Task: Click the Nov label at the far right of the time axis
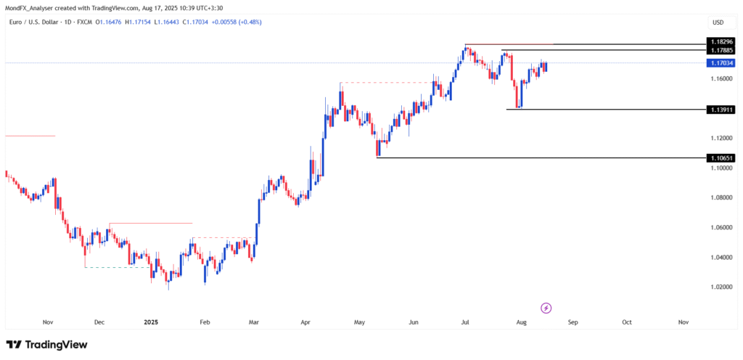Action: coord(683,321)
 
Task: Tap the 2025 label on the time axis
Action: coord(151,321)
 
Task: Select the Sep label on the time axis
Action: coord(572,321)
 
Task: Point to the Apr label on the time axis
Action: coord(305,321)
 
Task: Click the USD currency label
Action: coord(718,22)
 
